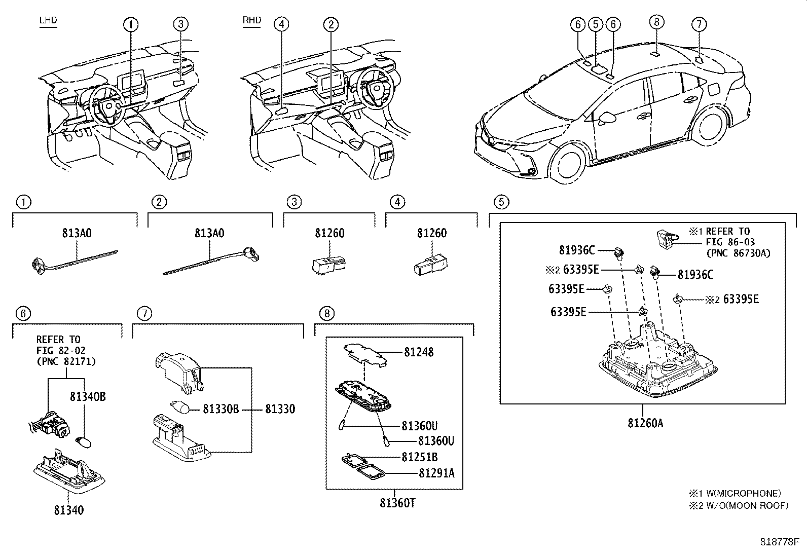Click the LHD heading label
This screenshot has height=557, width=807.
coord(48,20)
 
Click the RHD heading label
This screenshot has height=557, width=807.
coord(252,20)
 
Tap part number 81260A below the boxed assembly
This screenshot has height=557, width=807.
coord(645,423)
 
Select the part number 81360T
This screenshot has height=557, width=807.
coord(397,503)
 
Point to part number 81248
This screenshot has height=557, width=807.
coord(419,352)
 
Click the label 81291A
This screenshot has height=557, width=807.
coord(436,473)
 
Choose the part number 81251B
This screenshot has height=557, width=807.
coord(420,457)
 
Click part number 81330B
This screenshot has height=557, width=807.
coord(221,409)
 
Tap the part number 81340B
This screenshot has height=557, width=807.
coord(88,397)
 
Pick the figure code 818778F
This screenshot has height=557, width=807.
coord(779,542)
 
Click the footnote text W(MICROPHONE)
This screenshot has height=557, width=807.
coord(743,493)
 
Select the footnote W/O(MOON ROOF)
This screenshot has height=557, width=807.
coord(747,506)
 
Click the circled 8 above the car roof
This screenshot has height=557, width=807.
coord(656,22)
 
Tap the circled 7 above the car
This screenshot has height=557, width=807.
coord(699,24)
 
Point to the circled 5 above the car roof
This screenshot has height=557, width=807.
coord(595,24)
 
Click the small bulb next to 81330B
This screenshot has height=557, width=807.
coord(180,407)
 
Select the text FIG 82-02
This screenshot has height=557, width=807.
coord(61,351)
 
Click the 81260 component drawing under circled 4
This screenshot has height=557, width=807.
coord(431,266)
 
